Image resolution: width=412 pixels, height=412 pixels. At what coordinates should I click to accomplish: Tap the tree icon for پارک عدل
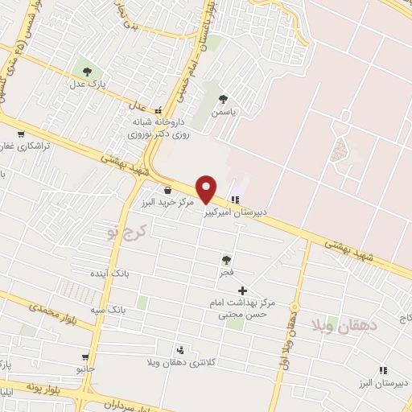pyautogui.click(x=83, y=65)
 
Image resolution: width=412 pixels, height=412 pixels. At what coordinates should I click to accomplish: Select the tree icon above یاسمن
pyautogui.click(x=223, y=100)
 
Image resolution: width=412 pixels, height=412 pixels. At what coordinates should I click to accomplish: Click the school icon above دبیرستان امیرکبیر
pyautogui.click(x=236, y=199)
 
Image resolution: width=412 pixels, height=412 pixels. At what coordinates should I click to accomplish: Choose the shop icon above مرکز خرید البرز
pyautogui.click(x=167, y=190)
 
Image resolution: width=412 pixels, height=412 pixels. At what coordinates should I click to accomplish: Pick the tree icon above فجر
pyautogui.click(x=226, y=260)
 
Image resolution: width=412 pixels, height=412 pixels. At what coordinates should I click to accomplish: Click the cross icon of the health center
pyautogui.click(x=242, y=290)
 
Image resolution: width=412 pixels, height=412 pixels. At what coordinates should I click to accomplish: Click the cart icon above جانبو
pyautogui.click(x=84, y=356)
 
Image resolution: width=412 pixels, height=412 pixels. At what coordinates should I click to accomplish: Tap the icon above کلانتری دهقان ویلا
pyautogui.click(x=180, y=350)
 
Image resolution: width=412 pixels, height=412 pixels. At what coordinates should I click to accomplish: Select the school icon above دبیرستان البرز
pyautogui.click(x=382, y=370)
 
